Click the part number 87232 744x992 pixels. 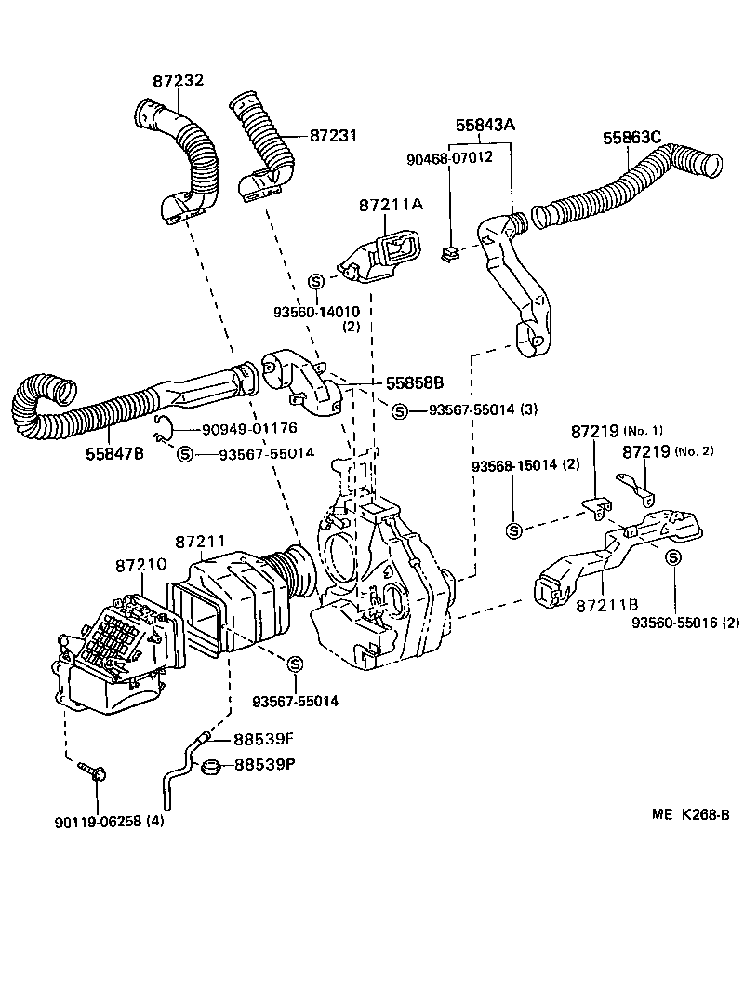click(178, 82)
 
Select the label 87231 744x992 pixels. click(333, 136)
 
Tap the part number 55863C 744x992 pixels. click(631, 138)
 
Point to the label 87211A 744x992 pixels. click(391, 205)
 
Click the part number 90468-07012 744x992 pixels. click(449, 158)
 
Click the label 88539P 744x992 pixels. click(263, 765)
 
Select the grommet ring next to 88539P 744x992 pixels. click(212, 767)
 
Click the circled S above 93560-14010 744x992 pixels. click(315, 281)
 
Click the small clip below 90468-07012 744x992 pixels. click(450, 252)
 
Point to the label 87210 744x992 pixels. click(141, 565)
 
